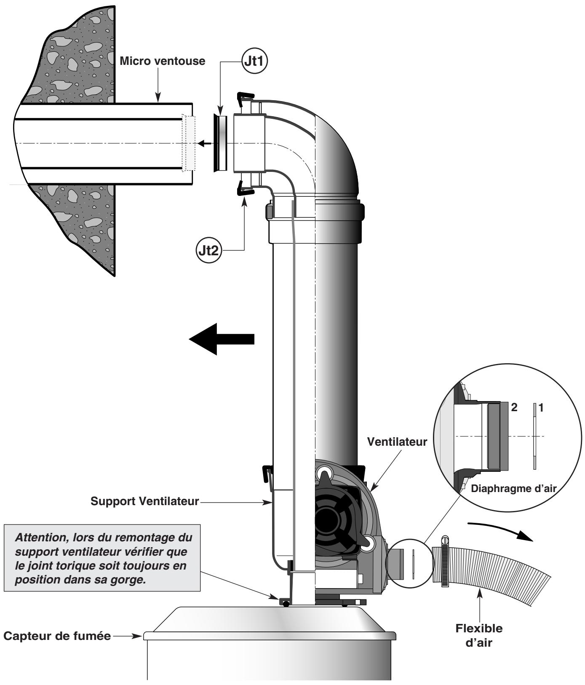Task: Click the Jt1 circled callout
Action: click(256, 61)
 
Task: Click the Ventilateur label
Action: click(397, 442)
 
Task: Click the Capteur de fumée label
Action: click(57, 636)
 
